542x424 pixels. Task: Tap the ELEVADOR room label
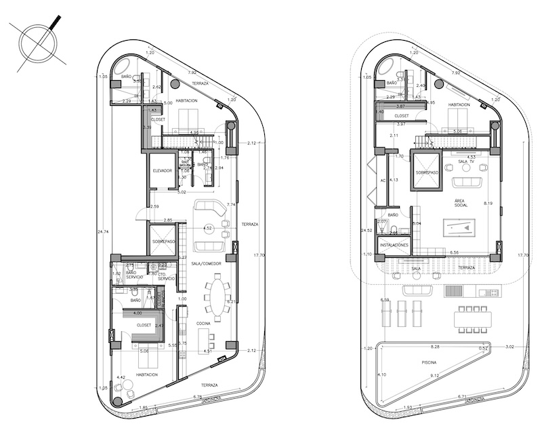[x=163, y=170]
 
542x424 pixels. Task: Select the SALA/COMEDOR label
[x=207, y=263]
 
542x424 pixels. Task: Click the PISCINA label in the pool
[x=430, y=362]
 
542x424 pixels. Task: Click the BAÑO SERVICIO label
[x=135, y=275]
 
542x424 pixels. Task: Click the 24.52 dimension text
[x=367, y=231]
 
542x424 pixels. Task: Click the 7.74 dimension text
[x=231, y=204]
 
